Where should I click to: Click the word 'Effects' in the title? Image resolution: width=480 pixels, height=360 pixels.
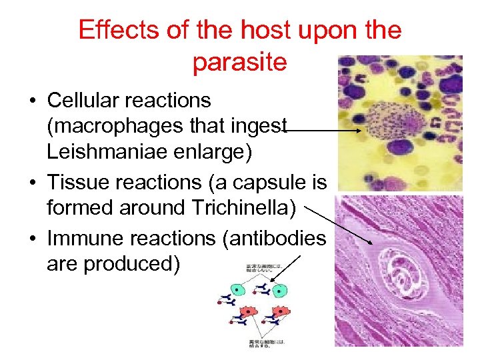(117, 31)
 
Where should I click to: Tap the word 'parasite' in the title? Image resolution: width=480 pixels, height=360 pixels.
(239, 62)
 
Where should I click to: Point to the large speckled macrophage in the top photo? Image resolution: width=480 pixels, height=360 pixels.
(396, 121)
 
